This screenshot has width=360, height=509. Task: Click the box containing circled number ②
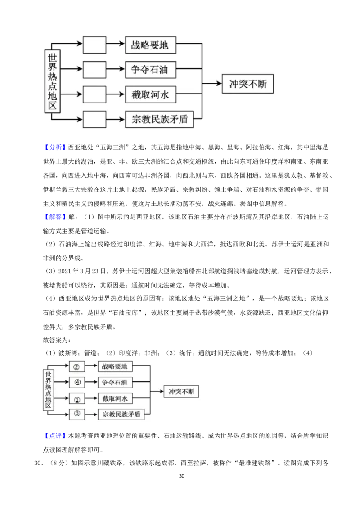coord(76,366)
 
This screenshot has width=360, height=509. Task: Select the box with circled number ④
coord(76,383)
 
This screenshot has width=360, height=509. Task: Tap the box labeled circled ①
coord(76,398)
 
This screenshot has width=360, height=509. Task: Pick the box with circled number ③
coord(76,414)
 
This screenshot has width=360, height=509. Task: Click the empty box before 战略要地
coord(94,45)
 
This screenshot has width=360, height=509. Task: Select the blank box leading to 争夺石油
coord(94,69)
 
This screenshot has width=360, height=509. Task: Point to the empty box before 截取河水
coord(94,94)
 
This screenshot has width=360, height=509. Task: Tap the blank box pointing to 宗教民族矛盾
coord(94,119)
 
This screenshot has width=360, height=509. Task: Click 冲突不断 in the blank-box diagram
coord(247,83)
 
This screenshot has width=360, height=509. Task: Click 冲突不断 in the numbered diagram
coord(181,391)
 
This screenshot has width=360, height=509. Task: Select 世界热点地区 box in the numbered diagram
coord(49,389)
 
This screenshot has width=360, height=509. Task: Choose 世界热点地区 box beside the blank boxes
coord(53,81)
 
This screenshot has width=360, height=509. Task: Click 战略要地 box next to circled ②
coord(115,366)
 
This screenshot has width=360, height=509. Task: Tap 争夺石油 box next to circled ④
coord(115,383)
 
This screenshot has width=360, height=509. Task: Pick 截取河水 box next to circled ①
coord(115,398)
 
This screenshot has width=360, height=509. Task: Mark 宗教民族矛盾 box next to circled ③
coord(121,415)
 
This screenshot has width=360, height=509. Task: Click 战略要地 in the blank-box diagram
coord(150,45)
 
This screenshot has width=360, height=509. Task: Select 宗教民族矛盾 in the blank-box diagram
coord(159,120)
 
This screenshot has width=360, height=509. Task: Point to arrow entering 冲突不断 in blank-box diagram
coord(212,83)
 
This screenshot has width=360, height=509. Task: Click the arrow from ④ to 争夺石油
coord(91,383)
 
